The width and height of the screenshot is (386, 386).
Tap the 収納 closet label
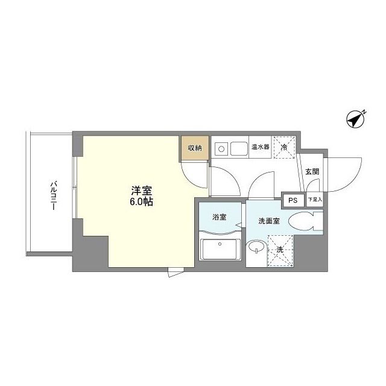tap(194, 148)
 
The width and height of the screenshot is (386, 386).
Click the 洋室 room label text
tap(139, 189)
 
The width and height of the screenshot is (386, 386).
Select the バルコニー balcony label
tap(53, 195)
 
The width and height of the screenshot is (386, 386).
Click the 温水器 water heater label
tap(260, 147)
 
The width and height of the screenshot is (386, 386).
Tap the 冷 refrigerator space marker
tap(283, 147)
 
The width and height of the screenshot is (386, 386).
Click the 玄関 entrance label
tap(312, 172)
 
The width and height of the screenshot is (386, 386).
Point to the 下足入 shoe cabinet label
tap(314, 200)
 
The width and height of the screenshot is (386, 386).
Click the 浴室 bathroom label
tap(219, 218)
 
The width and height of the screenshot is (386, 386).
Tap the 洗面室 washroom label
tap(269, 221)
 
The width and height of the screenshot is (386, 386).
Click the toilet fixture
tap(305, 221)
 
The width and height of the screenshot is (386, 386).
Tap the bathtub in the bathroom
tap(220, 249)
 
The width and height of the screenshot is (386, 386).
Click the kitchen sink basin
tap(237, 147)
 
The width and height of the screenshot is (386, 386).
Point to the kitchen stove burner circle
tap(221, 148)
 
